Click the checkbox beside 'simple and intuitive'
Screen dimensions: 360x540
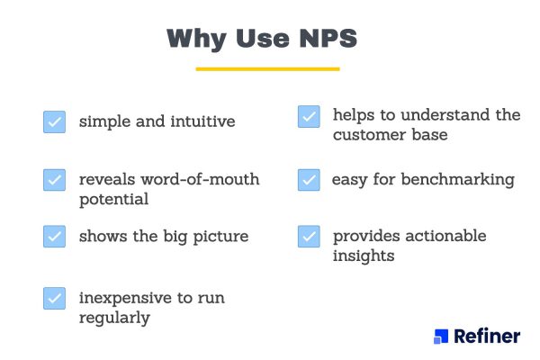click(x=54, y=121)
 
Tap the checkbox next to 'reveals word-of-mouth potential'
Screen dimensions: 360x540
click(x=54, y=179)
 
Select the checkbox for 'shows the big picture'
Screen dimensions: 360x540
click(x=54, y=237)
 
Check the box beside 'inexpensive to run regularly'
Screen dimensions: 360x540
click(x=54, y=298)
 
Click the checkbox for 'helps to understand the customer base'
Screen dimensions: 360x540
click(x=309, y=116)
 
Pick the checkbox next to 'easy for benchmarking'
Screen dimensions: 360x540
click(x=309, y=179)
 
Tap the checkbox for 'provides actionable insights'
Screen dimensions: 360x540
click(x=309, y=237)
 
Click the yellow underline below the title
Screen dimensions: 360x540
click(x=267, y=68)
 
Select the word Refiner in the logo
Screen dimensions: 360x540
click(x=487, y=337)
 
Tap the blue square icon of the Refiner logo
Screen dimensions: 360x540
click(x=440, y=336)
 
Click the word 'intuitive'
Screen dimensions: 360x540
click(x=205, y=121)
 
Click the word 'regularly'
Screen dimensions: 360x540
click(x=113, y=318)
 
